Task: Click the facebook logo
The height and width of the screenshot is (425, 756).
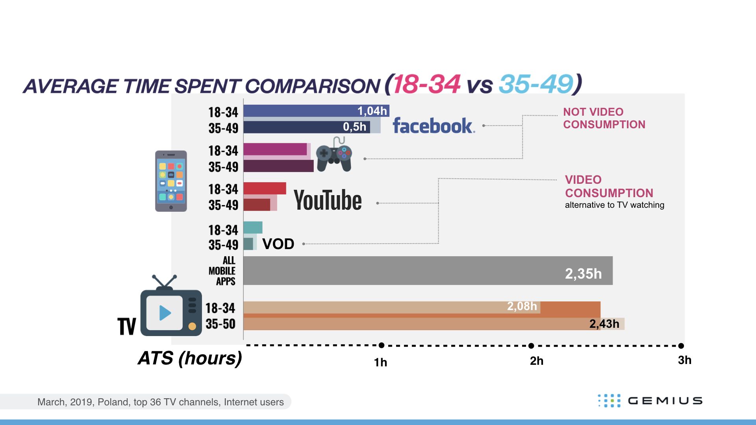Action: point(434,126)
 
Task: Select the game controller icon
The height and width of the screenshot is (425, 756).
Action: point(334,154)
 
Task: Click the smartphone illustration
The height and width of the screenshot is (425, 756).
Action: point(171,181)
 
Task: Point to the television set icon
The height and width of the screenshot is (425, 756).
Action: point(171,306)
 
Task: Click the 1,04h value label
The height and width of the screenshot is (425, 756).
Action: point(372,111)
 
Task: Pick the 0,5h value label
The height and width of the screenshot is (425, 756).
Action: point(354,127)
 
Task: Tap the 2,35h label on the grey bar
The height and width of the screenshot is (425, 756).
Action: point(583,273)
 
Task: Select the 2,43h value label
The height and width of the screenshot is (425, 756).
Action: point(604,324)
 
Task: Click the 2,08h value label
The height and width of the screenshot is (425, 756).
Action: point(522,306)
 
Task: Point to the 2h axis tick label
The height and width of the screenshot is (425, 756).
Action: point(536,361)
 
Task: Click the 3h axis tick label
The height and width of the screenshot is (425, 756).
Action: point(684,360)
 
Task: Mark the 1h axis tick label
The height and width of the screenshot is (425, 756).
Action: point(380,362)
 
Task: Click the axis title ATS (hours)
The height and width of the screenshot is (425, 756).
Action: point(190,358)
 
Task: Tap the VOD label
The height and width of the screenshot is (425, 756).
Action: point(278,244)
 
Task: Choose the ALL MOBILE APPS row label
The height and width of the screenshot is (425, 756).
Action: point(223,271)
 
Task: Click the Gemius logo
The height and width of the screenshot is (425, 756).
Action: point(650,401)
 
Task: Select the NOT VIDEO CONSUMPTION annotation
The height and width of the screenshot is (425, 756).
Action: point(604,118)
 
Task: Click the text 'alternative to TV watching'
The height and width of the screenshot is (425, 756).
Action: point(614,205)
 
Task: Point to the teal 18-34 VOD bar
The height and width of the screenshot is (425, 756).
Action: point(253,227)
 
